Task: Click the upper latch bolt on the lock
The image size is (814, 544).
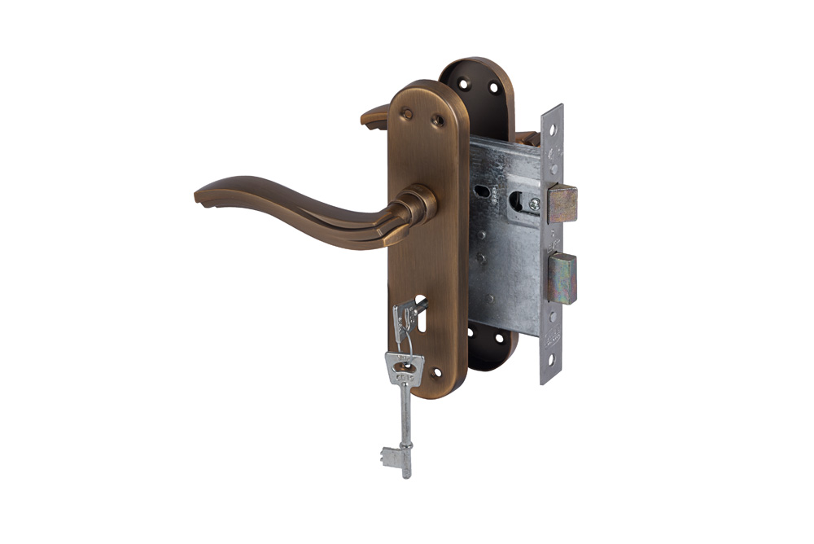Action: pos(562,204)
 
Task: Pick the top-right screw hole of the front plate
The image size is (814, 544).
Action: pos(437,121)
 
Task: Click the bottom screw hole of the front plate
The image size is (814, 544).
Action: pos(437,373)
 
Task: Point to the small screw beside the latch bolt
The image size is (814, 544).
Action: pos(534,204)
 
